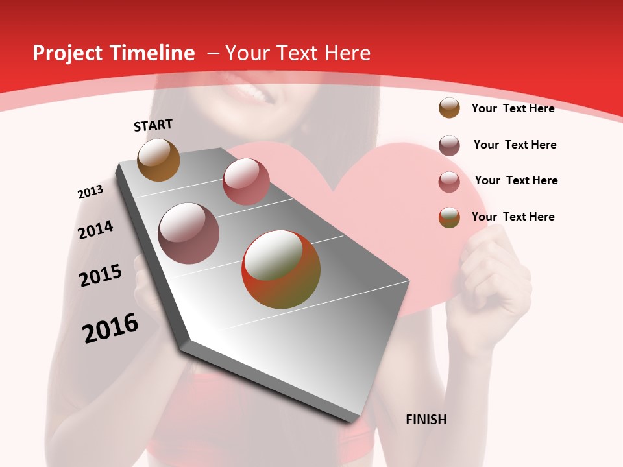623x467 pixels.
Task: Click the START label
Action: pyautogui.click(x=153, y=125)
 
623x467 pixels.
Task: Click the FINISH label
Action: pyautogui.click(x=426, y=420)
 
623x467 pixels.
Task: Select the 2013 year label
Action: pyautogui.click(x=90, y=192)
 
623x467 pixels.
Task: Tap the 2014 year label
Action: pyautogui.click(x=95, y=230)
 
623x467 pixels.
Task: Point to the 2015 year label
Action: pyautogui.click(x=101, y=276)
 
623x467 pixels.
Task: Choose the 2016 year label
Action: pyautogui.click(x=110, y=328)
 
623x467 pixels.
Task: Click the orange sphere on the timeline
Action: pyautogui.click(x=158, y=160)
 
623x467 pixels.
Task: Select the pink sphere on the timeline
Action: pyautogui.click(x=246, y=181)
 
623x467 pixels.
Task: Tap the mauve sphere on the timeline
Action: pyautogui.click(x=188, y=233)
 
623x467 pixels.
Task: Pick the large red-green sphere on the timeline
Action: pyautogui.click(x=281, y=269)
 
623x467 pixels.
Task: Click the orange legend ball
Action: pyautogui.click(x=449, y=108)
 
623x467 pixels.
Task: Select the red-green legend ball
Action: pyautogui.click(x=449, y=217)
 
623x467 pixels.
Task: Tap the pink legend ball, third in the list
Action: pyautogui.click(x=449, y=182)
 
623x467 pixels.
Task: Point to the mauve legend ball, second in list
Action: pyautogui.click(x=449, y=145)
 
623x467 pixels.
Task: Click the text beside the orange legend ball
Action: pyautogui.click(x=513, y=108)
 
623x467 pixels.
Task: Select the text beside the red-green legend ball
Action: pyautogui.click(x=513, y=217)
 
